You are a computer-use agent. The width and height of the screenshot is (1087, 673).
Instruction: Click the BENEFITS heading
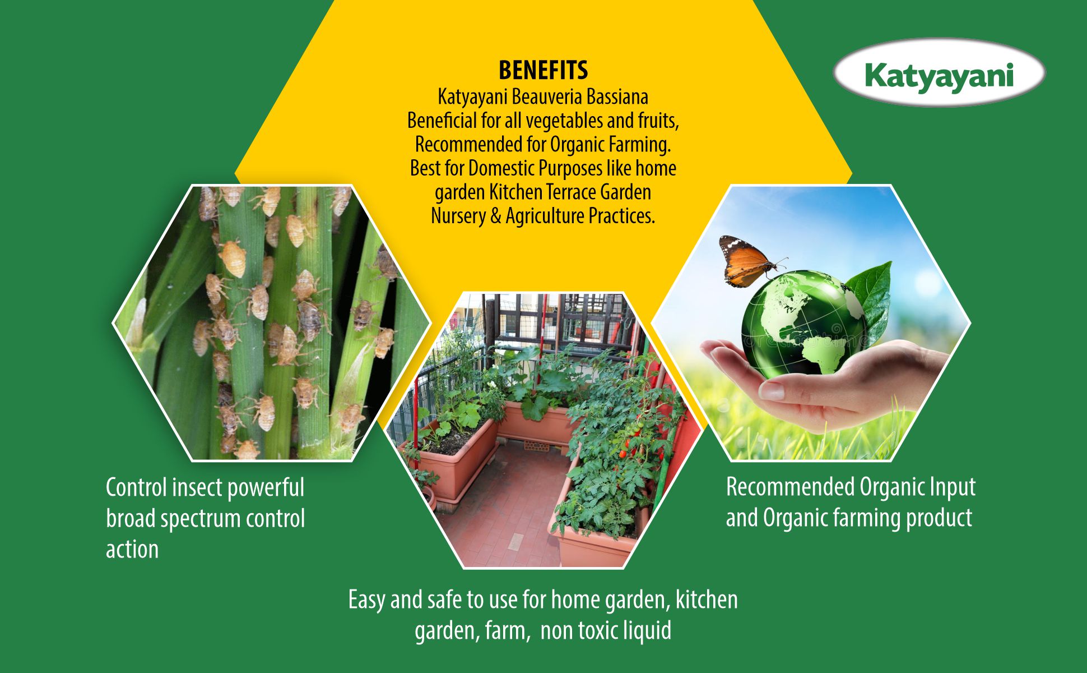coord(543,71)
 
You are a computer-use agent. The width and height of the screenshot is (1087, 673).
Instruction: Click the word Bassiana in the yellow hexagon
coord(617,97)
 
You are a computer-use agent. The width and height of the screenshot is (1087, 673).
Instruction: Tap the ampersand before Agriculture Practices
coord(495,216)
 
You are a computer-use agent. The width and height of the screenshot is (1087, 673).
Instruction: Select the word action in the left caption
coord(132,549)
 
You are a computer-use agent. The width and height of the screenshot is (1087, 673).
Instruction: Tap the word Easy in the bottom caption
coord(367,600)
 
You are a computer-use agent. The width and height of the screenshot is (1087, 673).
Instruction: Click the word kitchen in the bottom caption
coord(707,600)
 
